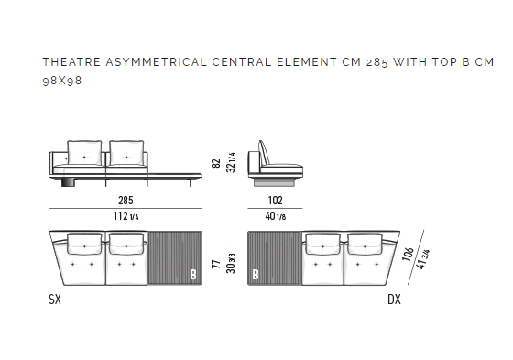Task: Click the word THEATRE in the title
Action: (x=71, y=62)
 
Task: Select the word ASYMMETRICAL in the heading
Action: (x=157, y=62)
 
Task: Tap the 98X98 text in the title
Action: (x=62, y=81)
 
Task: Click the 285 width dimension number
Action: (x=126, y=200)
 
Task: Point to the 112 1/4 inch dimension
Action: (x=126, y=216)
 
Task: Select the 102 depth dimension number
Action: (x=275, y=200)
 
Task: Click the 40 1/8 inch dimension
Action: (x=276, y=216)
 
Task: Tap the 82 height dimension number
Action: (x=216, y=163)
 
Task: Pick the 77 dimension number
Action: (x=216, y=264)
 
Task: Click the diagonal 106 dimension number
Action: (x=408, y=255)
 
